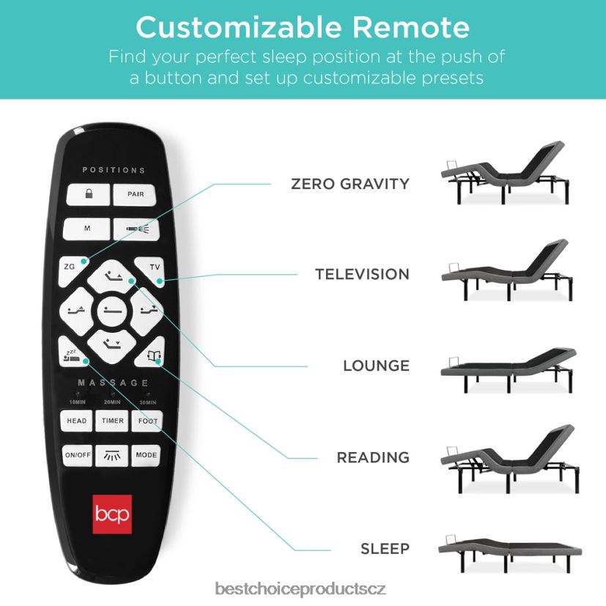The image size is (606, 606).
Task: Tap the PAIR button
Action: click(135, 194)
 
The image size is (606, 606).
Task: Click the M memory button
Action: click(87, 229)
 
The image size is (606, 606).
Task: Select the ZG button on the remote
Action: click(73, 270)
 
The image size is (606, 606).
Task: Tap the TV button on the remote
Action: click(151, 270)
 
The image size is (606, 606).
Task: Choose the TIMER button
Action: click(112, 421)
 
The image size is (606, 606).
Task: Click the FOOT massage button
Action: click(147, 421)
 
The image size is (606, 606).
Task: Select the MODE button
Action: click(146, 455)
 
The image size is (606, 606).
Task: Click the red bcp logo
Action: click(112, 514)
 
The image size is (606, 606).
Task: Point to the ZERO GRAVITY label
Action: click(350, 184)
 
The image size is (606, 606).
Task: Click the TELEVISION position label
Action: click(362, 274)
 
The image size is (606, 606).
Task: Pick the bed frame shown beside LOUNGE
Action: click(509, 370)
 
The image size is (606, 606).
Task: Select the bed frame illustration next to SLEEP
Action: click(510, 553)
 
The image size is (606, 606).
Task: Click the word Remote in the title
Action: click(410, 27)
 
